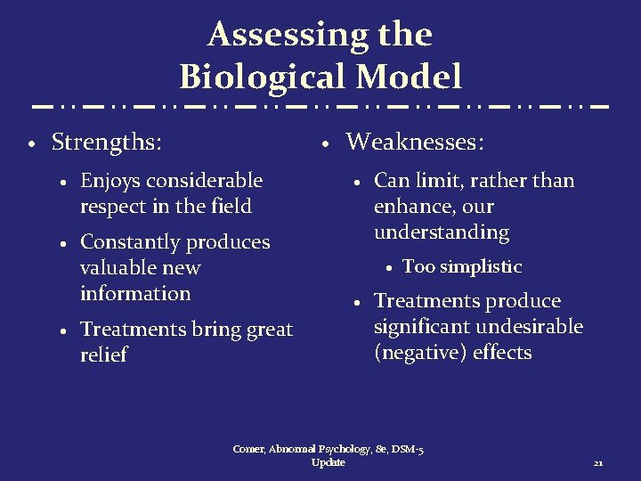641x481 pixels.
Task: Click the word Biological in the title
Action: coord(257,77)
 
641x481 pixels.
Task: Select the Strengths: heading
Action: coord(112,141)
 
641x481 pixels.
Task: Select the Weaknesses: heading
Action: coord(415,141)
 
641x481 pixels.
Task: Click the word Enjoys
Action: coord(110,181)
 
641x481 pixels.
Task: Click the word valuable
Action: coord(117,267)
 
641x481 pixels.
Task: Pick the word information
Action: coord(135,293)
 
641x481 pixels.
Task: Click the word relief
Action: coord(103,355)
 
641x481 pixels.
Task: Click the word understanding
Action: coord(442,232)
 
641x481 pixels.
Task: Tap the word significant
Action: coord(422,327)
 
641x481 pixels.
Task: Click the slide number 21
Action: coord(598,463)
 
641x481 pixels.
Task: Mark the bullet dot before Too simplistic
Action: coord(390,267)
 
